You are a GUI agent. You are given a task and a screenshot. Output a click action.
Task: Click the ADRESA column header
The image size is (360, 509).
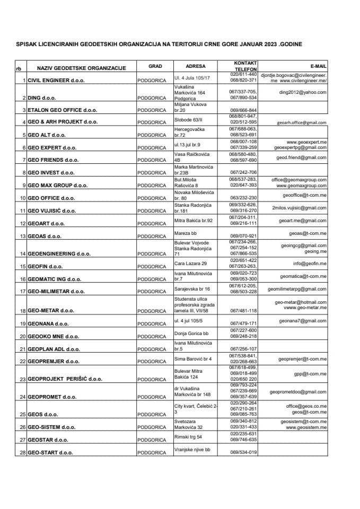click(196, 66)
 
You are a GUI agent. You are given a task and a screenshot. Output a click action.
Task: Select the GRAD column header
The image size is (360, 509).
click(155, 66)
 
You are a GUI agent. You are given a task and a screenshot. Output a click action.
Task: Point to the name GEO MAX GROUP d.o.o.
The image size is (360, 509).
click(58, 186)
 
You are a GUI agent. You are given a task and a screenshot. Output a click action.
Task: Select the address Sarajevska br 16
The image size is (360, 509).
click(192, 288)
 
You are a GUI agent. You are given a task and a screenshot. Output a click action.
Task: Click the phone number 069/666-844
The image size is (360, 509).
click(243, 110)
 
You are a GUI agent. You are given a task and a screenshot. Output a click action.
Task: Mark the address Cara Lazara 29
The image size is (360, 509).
click(191, 263)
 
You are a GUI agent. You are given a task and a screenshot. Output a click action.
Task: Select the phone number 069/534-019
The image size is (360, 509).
click(243, 452)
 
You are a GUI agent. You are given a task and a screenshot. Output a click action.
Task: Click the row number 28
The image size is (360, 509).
click(22, 453)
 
